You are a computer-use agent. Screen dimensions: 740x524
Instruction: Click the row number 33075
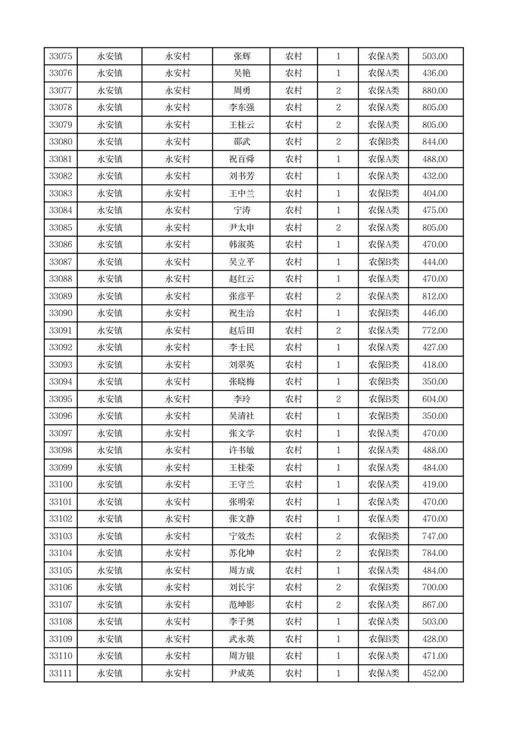coord(61,57)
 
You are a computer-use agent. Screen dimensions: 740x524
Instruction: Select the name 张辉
coord(242,57)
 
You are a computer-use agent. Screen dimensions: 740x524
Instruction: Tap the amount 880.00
coord(435,91)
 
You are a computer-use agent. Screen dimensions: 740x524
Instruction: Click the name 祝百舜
coord(242,160)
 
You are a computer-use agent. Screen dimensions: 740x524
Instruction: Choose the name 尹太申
coord(242,228)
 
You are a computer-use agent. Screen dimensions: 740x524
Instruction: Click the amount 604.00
coord(435,400)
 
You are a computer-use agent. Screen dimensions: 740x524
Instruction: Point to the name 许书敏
coord(242,451)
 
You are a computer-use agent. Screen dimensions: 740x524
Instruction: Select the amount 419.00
coord(435,485)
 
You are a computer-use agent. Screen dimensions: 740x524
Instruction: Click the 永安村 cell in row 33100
coord(178,485)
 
